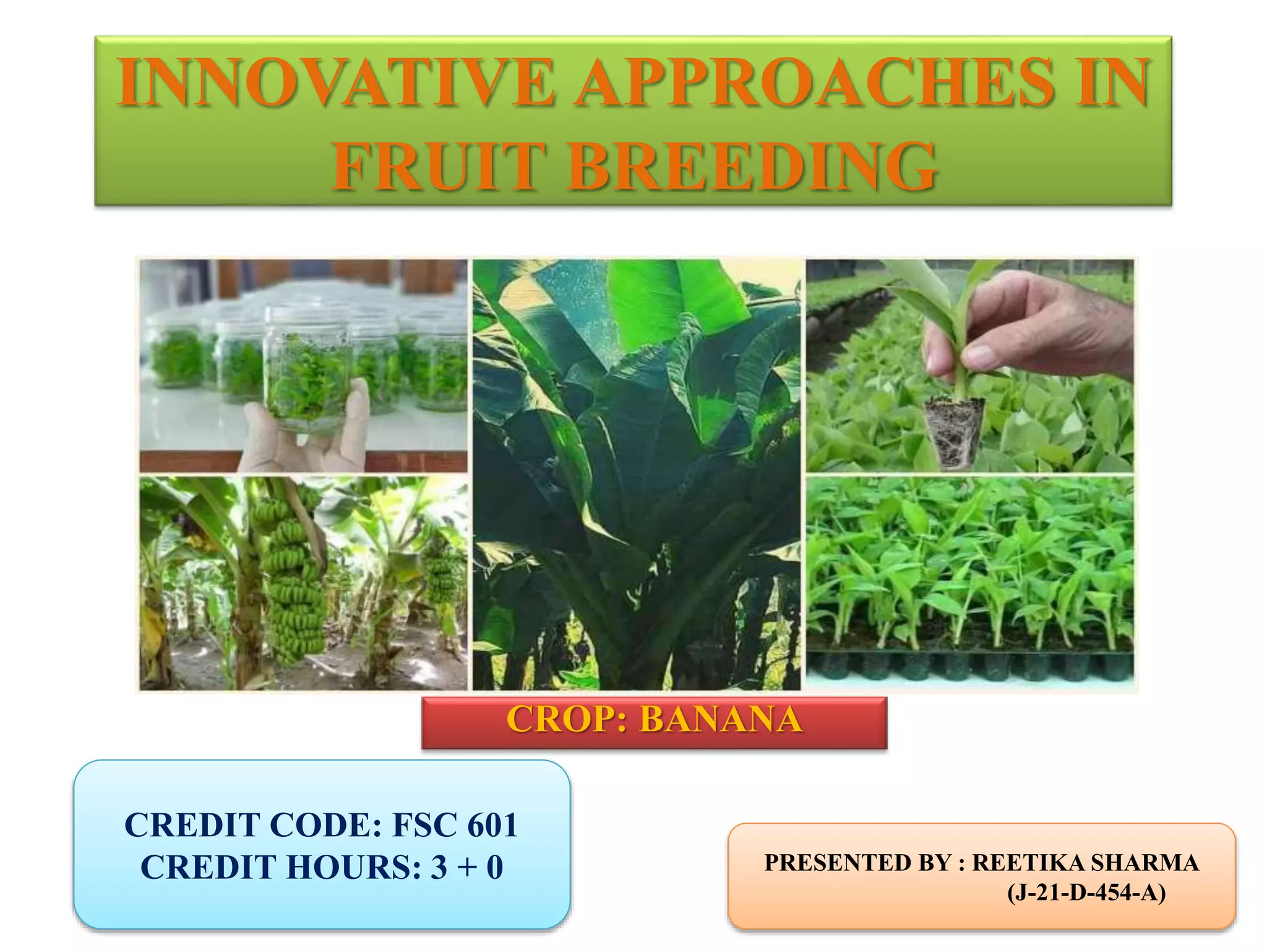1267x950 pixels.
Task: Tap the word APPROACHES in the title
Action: coord(814,82)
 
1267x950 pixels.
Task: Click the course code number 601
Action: coord(492,825)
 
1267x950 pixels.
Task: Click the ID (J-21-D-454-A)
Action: coord(1086,892)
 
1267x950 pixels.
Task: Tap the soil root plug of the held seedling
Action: coord(953,430)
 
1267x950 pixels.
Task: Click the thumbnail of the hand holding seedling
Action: coord(969,365)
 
